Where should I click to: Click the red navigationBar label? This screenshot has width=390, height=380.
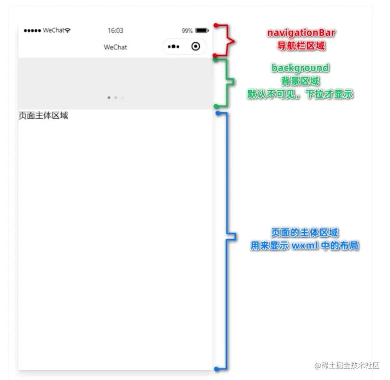point(301,33)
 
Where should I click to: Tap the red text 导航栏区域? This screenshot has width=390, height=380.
point(301,46)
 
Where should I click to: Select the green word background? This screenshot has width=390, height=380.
point(300,68)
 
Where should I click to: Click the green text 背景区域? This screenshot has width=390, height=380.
point(300,81)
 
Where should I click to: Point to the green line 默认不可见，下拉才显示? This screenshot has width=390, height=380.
point(300,94)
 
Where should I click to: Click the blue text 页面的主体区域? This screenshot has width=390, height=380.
point(305,233)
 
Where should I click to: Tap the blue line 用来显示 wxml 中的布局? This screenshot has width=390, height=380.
point(305,246)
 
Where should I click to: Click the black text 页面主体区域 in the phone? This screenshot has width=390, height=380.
point(43,116)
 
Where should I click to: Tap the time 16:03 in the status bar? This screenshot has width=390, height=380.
point(115,31)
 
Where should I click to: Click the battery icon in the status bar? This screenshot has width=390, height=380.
point(201,31)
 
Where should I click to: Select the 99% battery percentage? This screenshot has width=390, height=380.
point(187,31)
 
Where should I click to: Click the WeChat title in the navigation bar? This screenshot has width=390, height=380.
point(115,47)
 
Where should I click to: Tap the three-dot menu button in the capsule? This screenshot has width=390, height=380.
point(173,47)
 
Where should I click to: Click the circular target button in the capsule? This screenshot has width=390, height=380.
point(196,47)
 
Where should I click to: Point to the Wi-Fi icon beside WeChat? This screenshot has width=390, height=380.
point(67,31)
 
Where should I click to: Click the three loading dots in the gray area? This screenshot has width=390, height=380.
point(116,98)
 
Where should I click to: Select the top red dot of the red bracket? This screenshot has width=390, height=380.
point(216,25)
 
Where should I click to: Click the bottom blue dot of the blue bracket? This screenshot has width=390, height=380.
point(217,369)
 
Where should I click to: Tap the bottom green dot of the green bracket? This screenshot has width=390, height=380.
point(216,107)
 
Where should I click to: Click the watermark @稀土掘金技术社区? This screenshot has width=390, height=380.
point(347,365)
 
